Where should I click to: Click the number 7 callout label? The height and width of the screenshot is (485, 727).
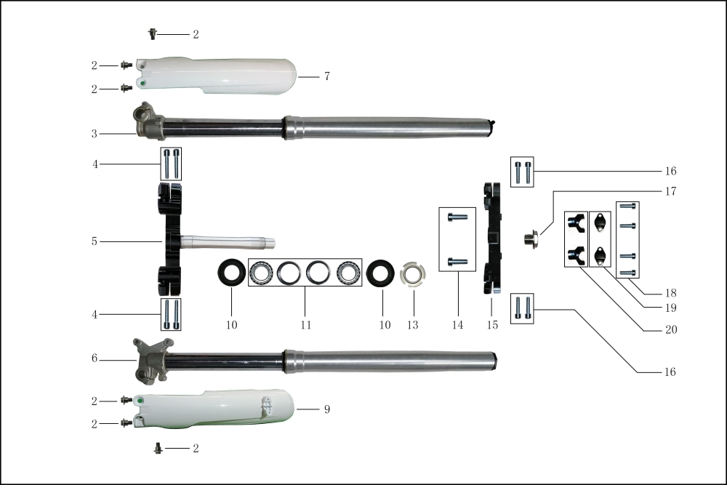pos(327,76)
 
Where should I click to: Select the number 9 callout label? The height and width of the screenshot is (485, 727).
pos(327,409)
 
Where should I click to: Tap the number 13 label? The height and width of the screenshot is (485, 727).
pos(412,325)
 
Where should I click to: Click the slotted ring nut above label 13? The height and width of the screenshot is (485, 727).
pos(412,274)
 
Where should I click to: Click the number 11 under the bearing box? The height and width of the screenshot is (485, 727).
pos(305,325)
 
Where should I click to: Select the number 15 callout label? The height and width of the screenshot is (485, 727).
pos(492,325)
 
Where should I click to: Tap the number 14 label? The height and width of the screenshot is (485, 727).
pos(457,325)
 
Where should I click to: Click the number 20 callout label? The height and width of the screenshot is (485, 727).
pos(670,329)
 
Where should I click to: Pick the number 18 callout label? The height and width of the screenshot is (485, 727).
pos(670,293)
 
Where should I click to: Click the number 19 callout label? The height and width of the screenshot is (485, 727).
pos(670,308)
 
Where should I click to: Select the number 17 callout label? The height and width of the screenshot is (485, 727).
pos(670,192)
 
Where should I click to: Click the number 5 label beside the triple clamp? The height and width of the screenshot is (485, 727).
pos(95,241)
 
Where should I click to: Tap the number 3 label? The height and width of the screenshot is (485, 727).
pos(95,134)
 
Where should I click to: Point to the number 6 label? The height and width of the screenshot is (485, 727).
pos(95,359)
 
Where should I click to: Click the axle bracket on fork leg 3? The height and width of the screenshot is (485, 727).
pos(148,122)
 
